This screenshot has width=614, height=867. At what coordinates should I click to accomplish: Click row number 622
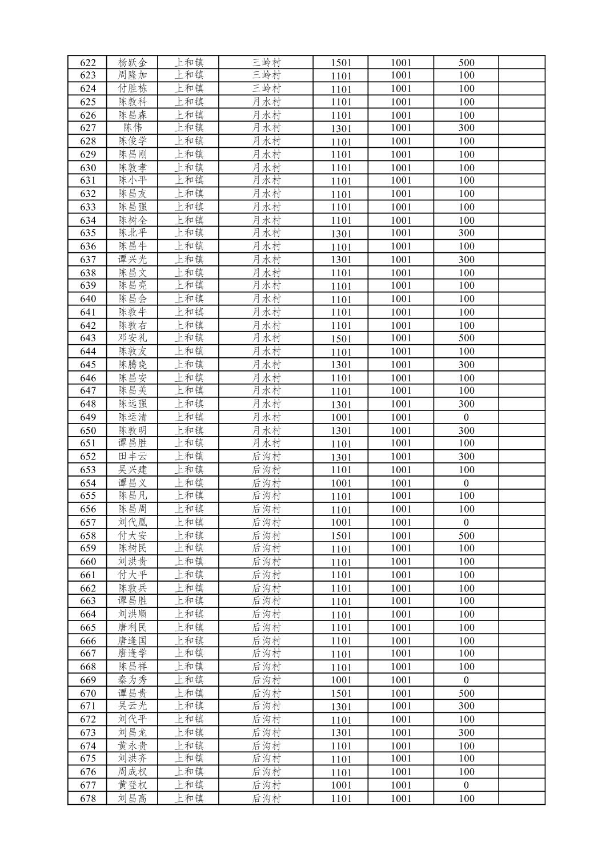(88, 63)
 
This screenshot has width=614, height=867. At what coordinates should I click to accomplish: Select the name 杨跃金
(133, 63)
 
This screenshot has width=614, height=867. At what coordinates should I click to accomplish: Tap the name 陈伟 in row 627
(133, 128)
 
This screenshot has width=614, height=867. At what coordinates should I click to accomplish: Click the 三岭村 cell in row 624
(267, 88)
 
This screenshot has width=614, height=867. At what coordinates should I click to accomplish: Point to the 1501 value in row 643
(341, 338)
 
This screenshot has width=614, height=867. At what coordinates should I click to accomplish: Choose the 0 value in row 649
(466, 417)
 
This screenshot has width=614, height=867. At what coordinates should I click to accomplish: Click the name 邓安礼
(133, 338)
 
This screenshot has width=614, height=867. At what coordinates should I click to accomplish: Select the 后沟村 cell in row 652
(267, 457)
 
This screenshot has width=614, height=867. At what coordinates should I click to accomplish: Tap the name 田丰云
(133, 457)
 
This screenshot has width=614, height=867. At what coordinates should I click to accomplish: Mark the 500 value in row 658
(466, 536)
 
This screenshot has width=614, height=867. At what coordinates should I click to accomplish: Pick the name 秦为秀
(133, 680)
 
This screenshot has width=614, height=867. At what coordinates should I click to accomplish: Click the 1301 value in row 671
(341, 707)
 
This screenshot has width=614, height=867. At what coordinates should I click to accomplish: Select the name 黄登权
(133, 785)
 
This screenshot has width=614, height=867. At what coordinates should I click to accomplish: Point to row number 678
(88, 799)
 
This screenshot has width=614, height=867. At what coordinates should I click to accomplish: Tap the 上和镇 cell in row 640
(189, 299)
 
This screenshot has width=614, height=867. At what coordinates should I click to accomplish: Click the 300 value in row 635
(466, 233)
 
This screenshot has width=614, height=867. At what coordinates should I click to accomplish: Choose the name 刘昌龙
(133, 733)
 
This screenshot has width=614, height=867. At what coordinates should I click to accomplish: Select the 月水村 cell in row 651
(267, 443)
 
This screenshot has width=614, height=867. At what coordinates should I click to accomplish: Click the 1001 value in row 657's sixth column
(401, 523)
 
